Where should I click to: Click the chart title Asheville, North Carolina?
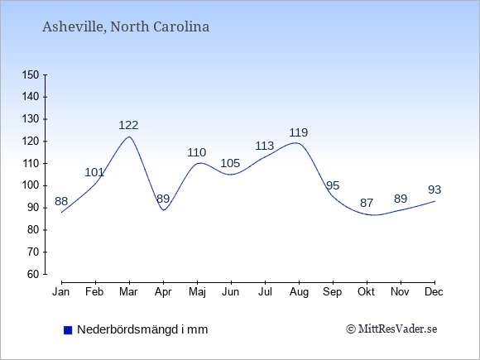point(126,27)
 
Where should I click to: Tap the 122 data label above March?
point(128,125)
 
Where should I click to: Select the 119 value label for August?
point(299,132)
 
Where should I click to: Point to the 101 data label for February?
point(94,172)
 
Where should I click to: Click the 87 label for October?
point(367,203)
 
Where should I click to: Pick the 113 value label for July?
point(265,146)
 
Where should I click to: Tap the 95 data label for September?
point(333,185)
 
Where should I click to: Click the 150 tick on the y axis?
point(31,74)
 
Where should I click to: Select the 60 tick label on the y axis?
point(33,274)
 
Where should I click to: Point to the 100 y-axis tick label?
point(31,185)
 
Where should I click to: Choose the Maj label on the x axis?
point(197,292)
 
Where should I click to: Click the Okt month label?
point(366,292)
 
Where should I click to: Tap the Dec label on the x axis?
point(434,292)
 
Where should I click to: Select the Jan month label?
point(61,292)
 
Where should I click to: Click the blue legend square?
point(68,330)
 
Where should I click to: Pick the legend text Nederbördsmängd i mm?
point(142,329)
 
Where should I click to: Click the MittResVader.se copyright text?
point(391,329)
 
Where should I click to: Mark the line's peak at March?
point(129,137)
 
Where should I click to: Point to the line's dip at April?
point(164,210)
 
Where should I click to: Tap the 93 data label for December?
point(434,190)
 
